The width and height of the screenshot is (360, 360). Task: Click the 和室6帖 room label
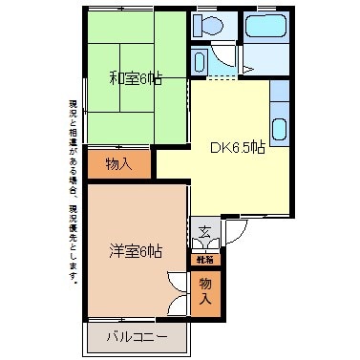pos(136,78)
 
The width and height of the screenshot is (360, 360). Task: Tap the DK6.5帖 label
pos(238,148)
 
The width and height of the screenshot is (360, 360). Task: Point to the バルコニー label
pos(136,337)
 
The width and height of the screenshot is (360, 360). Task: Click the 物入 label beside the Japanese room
pos(119,164)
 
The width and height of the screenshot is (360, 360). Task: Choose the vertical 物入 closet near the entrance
pos(205,289)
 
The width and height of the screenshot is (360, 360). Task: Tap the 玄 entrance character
pos(205,231)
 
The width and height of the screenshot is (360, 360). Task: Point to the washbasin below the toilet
pos(199,61)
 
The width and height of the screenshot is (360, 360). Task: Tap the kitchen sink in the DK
pos(279,129)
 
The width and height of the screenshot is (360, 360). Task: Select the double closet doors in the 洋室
pos(179,291)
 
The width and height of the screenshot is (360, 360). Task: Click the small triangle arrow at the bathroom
pos(246,69)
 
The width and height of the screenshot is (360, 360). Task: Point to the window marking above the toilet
pos(206,10)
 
